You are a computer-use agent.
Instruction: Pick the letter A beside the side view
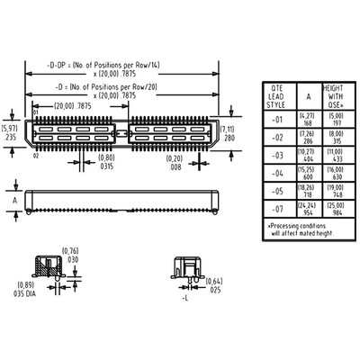tap(15, 197)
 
